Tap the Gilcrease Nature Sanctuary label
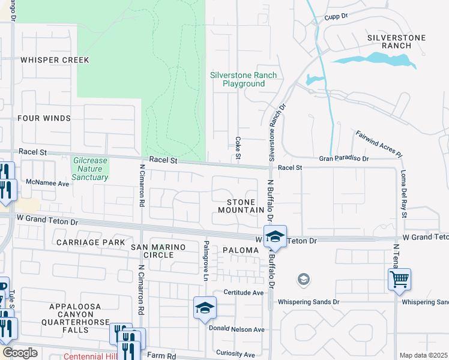click(90, 169)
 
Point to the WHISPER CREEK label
click(55, 60)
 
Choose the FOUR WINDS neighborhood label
click(44, 118)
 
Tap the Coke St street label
click(238, 147)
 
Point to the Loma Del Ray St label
click(405, 194)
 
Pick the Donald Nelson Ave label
click(236, 329)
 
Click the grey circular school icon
click(304, 279)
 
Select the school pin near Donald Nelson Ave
click(205, 308)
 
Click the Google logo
click(20, 353)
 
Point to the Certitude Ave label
click(244, 293)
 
